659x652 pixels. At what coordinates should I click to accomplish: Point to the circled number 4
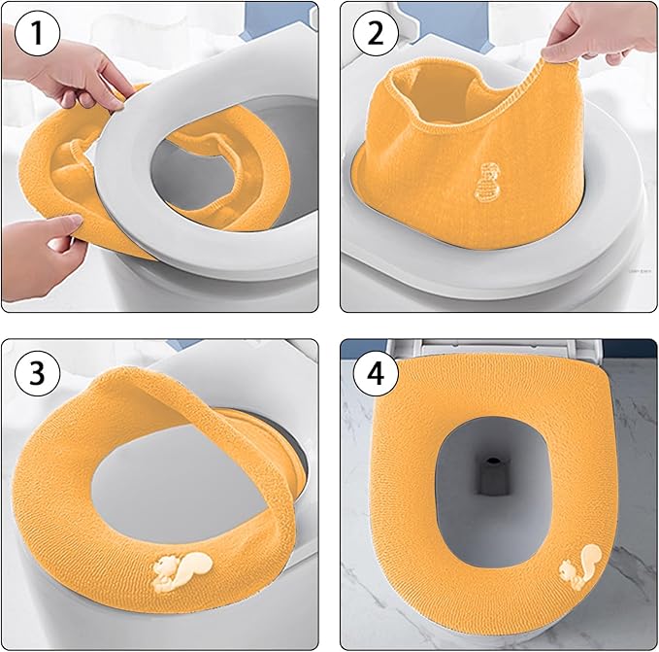pos(377,373)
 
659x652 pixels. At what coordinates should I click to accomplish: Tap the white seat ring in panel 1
pos(194,223)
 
